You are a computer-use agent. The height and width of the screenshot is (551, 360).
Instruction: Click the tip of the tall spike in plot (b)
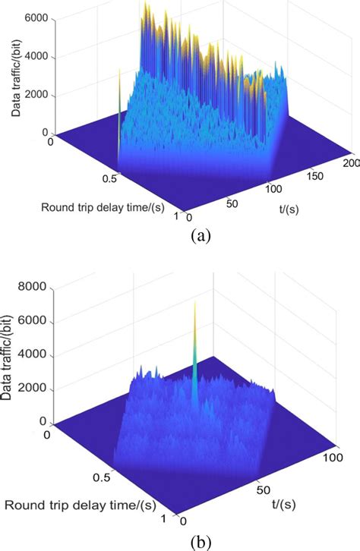coord(195,301)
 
